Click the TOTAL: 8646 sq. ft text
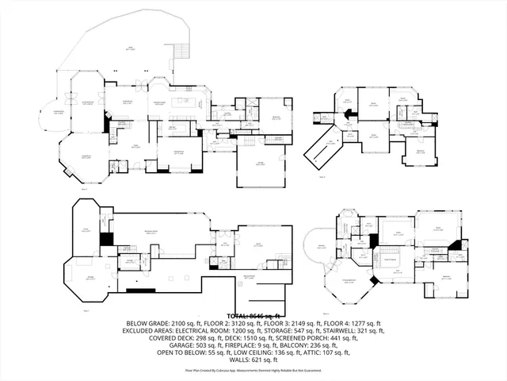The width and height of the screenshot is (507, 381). pos(253,316)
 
